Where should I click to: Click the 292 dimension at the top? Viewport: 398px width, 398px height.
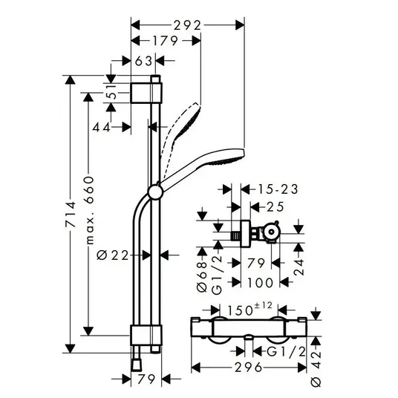pos(187,25)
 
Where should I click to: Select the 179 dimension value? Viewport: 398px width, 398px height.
pos(165,41)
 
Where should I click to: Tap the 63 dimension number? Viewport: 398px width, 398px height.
pos(143,61)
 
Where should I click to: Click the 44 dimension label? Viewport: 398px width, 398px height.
pos(102,127)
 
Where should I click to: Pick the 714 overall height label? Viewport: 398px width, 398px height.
pos(71,215)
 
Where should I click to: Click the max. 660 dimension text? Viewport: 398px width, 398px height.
pos(89,210)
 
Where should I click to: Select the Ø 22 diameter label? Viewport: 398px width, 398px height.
pos(113,255)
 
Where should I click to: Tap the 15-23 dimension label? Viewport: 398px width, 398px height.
pos(278,189)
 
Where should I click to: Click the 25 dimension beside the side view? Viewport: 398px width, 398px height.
pos(275,207)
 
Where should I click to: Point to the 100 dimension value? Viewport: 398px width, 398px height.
pos(260,282)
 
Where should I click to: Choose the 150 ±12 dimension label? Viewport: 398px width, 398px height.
pos(249,309)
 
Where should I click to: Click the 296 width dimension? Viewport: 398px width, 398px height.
pos(248,368)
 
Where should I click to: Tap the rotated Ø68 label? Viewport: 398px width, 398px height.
pos(202,277)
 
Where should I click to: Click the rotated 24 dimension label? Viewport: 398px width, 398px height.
pos(298,267)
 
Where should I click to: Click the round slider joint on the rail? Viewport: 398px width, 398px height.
pos(154,192)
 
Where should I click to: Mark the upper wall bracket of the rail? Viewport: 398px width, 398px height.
pos(146,93)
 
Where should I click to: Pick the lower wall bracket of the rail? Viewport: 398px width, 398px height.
pos(146,335)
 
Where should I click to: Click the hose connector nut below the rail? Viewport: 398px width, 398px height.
pos(137,365)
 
